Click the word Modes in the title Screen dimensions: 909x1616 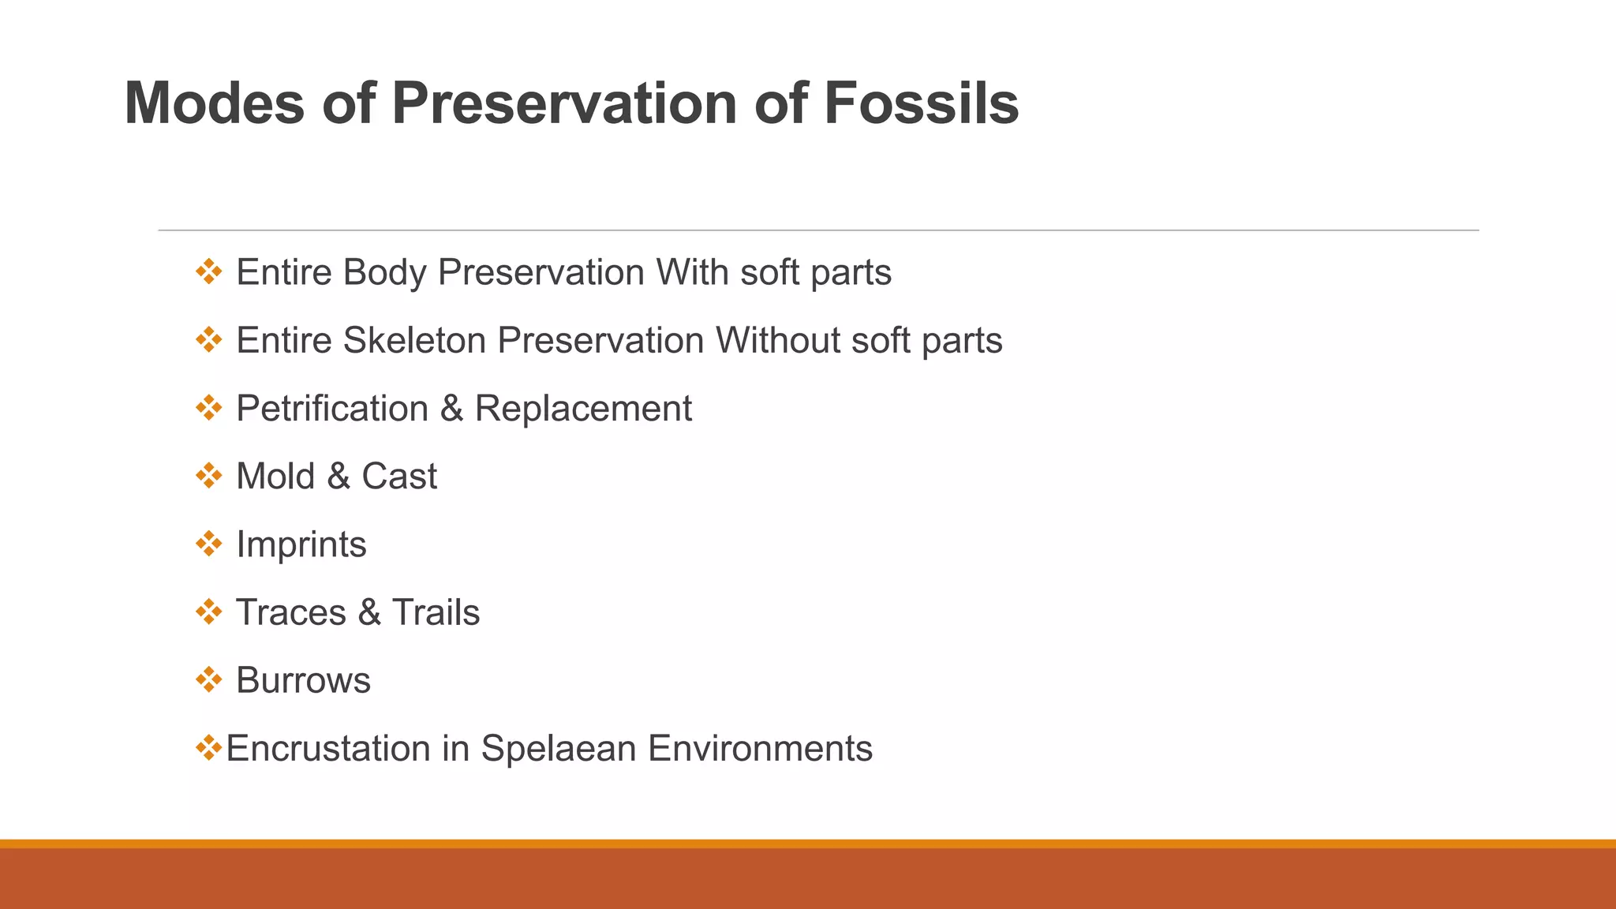tap(215, 103)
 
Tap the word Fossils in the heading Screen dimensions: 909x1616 tap(921, 103)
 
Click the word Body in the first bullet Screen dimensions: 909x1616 tap(384, 273)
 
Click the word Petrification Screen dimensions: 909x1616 tap(332, 409)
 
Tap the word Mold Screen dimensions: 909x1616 tap(275, 477)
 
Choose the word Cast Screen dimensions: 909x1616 tap(398, 477)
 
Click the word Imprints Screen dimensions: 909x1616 tap(301, 544)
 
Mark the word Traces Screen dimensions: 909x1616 tap(291, 612)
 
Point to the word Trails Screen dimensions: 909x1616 tap(436, 612)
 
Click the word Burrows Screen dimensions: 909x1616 tap(303, 680)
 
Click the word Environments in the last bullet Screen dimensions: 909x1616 tap(760, 748)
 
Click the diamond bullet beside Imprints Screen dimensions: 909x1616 tap(208, 543)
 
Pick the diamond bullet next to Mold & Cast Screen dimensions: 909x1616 tap(208, 475)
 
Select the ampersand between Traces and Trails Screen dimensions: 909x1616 tap(368, 612)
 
